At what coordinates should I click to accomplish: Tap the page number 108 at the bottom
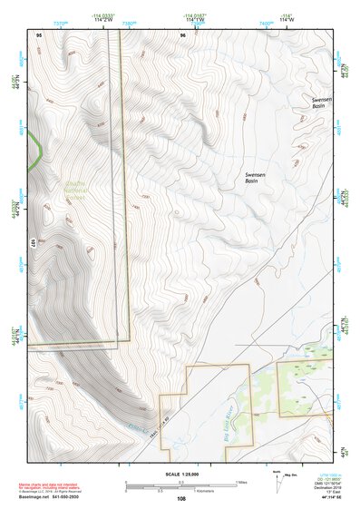(x=181, y=498)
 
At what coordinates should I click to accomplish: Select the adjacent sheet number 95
(x=39, y=34)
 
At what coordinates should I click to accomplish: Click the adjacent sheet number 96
(x=182, y=34)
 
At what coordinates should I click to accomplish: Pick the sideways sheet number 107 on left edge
(x=34, y=242)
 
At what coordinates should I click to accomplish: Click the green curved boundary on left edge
(x=34, y=150)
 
